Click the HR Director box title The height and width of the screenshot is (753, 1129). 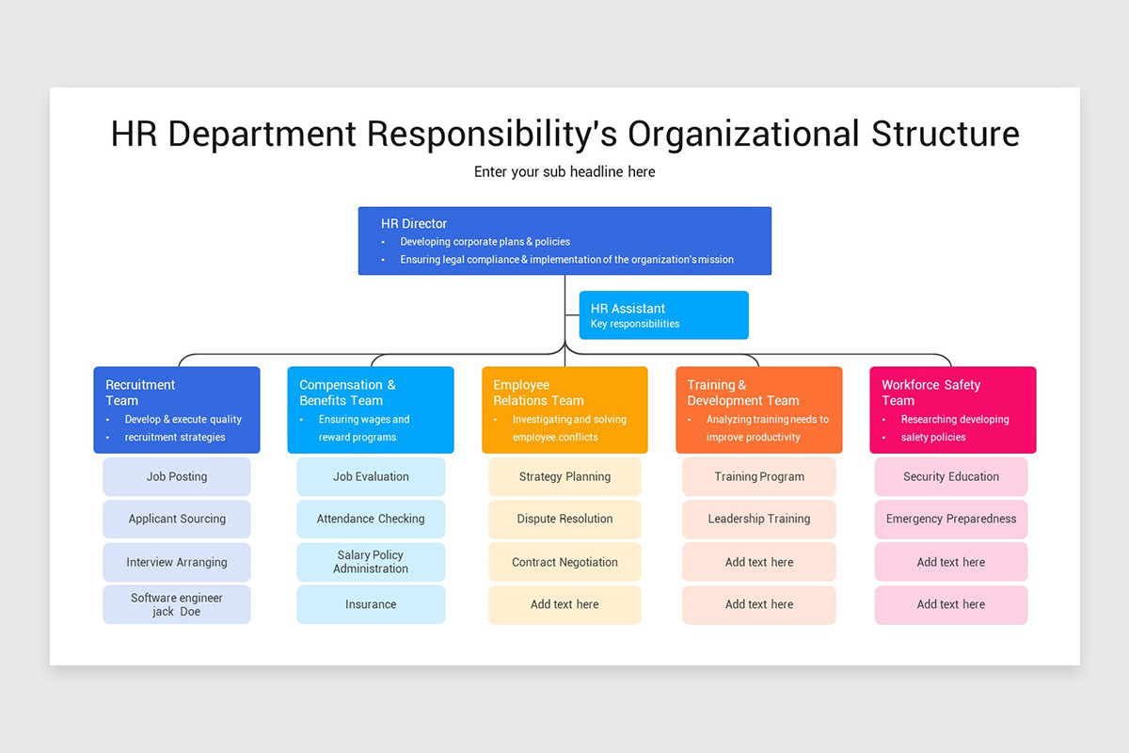point(414,224)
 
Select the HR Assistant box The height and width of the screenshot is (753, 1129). point(663,315)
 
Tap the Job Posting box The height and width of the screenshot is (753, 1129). point(177,477)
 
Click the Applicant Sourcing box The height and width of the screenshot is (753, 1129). point(177,520)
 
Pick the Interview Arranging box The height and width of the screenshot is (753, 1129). point(177,562)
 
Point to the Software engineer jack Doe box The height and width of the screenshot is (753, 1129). point(177,604)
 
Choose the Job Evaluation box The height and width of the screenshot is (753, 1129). point(371,477)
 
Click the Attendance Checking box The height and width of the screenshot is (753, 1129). point(371,520)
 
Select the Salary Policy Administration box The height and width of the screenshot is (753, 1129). point(371,562)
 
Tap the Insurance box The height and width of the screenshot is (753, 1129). point(371,604)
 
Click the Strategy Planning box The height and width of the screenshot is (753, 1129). point(564,477)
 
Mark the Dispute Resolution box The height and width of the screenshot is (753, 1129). point(564,520)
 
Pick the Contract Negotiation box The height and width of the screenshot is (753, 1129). point(564,562)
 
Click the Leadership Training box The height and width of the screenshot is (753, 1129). point(759,520)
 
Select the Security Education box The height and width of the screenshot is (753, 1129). point(951,477)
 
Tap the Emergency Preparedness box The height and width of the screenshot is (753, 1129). point(951,520)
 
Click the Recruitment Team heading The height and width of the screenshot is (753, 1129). point(140,393)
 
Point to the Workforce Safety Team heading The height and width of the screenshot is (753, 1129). point(930,393)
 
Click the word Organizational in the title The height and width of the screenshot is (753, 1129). point(744,134)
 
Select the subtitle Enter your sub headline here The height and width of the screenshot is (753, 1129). point(564,172)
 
